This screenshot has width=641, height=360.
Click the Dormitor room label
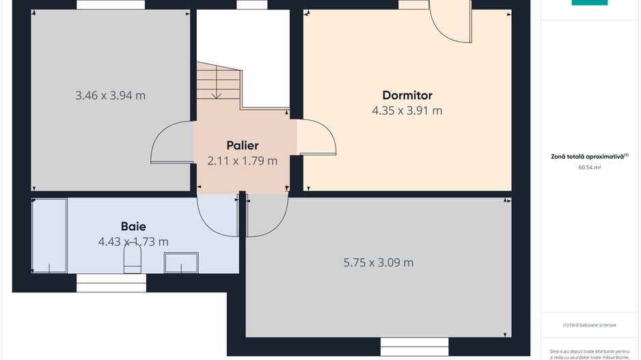(407, 96)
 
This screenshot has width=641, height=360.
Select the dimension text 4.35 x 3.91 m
(407, 110)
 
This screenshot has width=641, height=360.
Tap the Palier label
(243, 146)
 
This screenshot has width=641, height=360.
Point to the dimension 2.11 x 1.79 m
(243, 161)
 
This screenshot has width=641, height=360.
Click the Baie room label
(133, 226)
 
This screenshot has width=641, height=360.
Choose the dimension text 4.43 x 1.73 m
(133, 242)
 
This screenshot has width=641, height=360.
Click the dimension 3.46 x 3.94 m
(110, 96)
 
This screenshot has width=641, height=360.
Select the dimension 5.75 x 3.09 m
(378, 262)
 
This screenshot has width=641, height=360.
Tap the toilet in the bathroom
(131, 260)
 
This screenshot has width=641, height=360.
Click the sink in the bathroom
(181, 262)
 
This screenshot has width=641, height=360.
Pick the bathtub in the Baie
(49, 236)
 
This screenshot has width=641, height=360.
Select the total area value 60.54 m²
(589, 167)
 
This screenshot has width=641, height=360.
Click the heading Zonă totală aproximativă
(589, 156)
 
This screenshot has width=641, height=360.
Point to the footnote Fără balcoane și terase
(589, 325)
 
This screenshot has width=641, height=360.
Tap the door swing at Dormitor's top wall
(451, 20)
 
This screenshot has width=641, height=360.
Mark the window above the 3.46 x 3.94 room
(111, 5)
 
